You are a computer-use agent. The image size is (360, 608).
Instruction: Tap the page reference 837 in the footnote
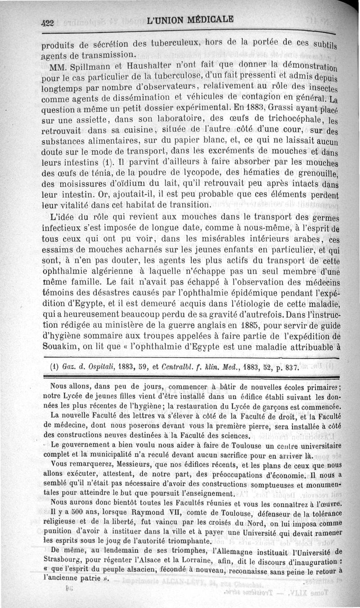pyautogui.click(x=290, y=367)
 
